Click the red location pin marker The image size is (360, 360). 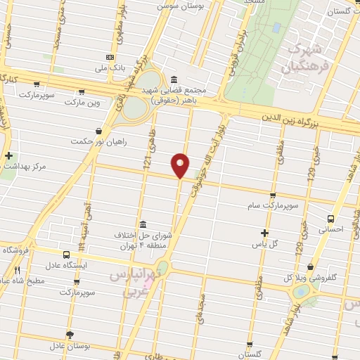[x=181, y=165]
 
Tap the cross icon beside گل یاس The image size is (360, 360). [x=264, y=233]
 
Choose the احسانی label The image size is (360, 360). [x=331, y=229]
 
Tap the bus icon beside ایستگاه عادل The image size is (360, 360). [x=67, y=255]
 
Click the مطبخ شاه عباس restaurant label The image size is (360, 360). [x=28, y=280]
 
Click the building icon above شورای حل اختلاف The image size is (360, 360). [x=143, y=223]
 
